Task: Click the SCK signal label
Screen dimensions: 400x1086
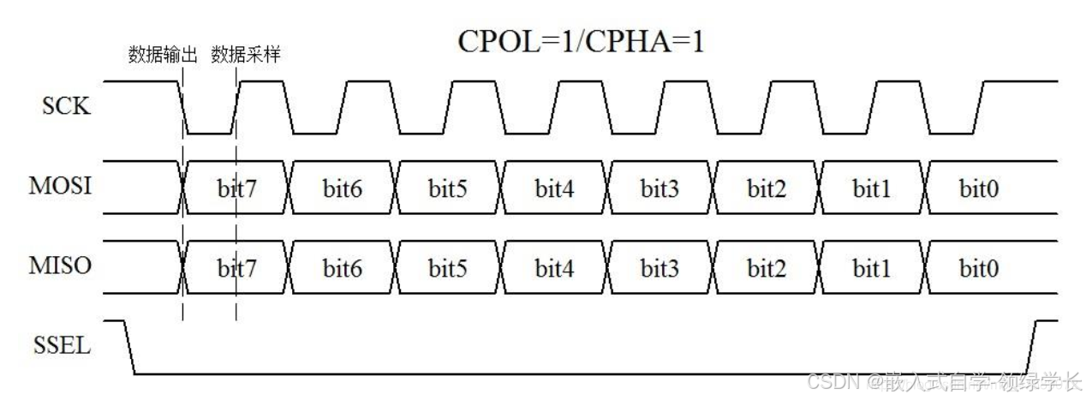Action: pyautogui.click(x=66, y=107)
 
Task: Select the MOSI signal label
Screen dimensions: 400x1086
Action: pyautogui.click(x=67, y=186)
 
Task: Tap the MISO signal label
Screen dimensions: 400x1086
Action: pyautogui.click(x=67, y=266)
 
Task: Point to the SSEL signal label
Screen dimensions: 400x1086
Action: pyautogui.click(x=67, y=346)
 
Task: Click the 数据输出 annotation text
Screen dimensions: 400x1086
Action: pyautogui.click(x=163, y=56)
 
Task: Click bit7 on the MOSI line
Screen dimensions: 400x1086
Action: pyautogui.click(x=237, y=188)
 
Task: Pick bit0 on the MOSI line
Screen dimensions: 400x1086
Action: pyautogui.click(x=978, y=188)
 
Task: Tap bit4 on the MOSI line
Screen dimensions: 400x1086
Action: pyautogui.click(x=555, y=188)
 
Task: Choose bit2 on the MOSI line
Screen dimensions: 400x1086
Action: pyautogui.click(x=767, y=188)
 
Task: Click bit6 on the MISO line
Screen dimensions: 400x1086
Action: pyautogui.click(x=343, y=269)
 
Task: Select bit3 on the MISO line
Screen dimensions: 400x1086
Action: pyautogui.click(x=660, y=269)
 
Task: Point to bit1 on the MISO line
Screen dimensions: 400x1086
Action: pyautogui.click(x=872, y=269)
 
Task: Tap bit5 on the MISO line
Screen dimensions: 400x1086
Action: pyautogui.click(x=448, y=269)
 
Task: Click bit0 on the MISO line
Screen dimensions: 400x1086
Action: pyautogui.click(x=978, y=269)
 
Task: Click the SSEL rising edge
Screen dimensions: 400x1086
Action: pyautogui.click(x=1035, y=348)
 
